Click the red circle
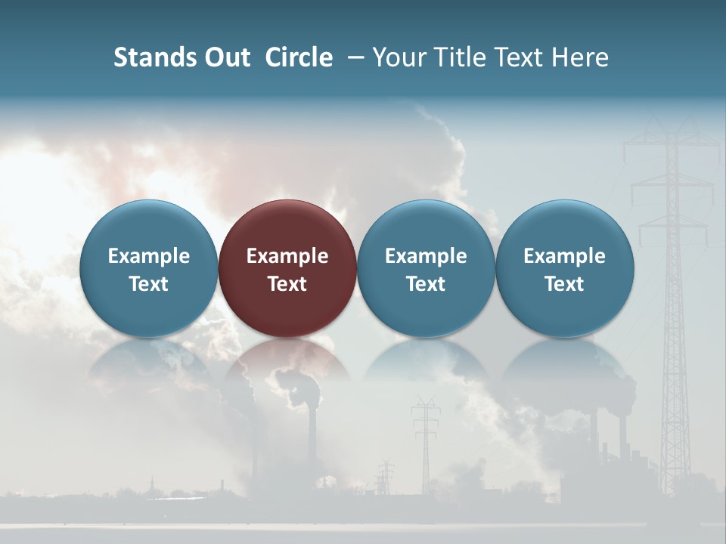pos(287,269)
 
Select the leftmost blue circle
pos(149,269)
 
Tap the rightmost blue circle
pos(564,269)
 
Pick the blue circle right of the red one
pos(426,269)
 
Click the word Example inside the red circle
pos(287,256)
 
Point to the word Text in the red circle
pos(287,284)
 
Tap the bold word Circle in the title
pos(299,57)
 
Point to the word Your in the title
pos(396,57)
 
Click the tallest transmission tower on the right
pos(672,302)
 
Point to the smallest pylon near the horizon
pos(386,476)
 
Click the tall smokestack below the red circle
pos(312,438)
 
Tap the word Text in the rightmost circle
pos(564,284)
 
